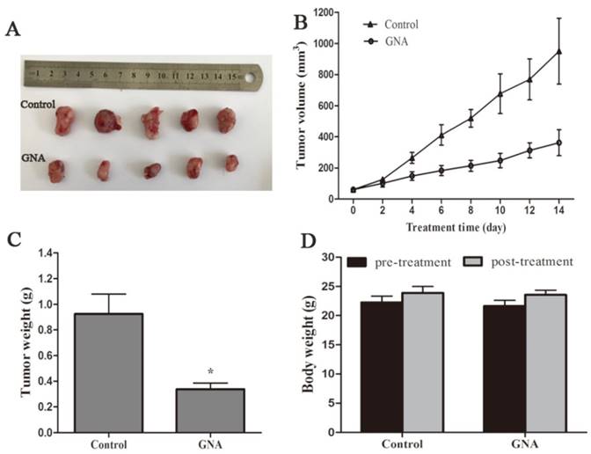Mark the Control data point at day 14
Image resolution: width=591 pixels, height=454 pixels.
tap(559, 51)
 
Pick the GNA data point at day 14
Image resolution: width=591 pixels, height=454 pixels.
tap(559, 143)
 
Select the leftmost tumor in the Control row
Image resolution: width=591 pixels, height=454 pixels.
tap(64, 121)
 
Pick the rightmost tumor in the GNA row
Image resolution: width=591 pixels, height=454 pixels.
tap(231, 164)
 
